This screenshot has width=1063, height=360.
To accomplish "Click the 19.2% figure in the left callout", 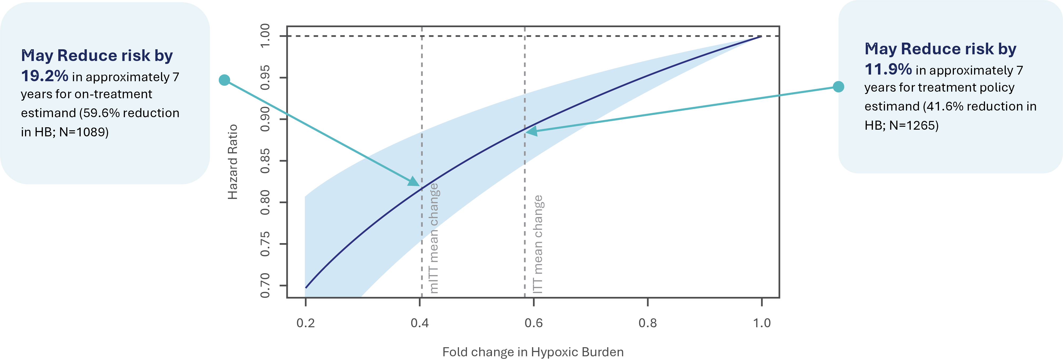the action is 44,76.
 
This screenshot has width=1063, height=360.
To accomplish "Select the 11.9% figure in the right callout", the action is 888,69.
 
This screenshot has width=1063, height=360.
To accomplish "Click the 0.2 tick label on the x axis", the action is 305,323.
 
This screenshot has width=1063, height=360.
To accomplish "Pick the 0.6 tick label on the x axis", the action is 533,323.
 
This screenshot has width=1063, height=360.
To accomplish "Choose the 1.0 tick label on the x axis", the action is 762,323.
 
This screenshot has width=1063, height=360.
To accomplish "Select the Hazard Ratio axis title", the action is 233,162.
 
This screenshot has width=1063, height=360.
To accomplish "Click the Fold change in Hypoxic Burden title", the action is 533,352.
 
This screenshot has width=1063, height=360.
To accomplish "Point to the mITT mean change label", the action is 434,238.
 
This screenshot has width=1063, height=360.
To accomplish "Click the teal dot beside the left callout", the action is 224,80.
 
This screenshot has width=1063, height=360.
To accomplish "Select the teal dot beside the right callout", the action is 839,87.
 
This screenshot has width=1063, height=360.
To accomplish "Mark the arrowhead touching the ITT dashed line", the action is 531,131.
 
